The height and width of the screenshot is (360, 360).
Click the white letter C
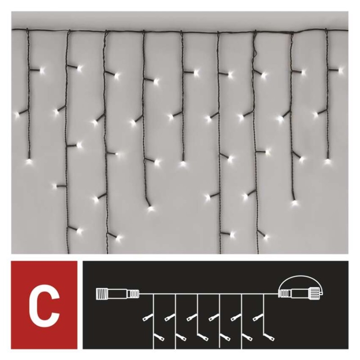44,305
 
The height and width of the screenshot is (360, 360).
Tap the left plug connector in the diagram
117,293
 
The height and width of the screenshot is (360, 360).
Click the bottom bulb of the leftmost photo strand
29,162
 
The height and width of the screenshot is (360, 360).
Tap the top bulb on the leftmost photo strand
42,70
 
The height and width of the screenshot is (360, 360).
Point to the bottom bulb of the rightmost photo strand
328,161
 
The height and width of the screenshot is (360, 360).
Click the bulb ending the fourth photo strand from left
150,208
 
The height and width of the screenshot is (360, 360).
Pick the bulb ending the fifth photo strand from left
183,163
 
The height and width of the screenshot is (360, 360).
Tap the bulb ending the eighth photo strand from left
295,203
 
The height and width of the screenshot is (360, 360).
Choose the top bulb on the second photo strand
80,68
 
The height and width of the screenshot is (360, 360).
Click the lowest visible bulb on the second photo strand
80,231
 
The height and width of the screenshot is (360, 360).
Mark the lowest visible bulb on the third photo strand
118,238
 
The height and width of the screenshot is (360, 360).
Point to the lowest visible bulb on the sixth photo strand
232,234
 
